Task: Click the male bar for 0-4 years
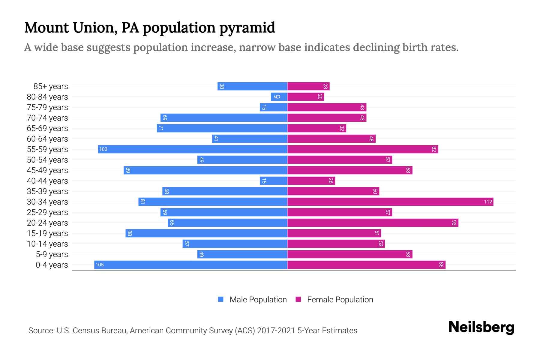[x=190, y=265]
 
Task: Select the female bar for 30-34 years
[x=390, y=202]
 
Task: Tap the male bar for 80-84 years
[x=279, y=97]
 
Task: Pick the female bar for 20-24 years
[x=373, y=223]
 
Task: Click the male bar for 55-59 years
[x=192, y=149]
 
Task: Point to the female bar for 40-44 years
[x=311, y=181]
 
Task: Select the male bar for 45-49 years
[x=205, y=170]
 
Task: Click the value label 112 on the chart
[x=488, y=202]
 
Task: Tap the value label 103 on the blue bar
[x=103, y=149]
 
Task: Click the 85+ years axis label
[x=51, y=86]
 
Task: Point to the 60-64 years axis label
[x=47, y=139]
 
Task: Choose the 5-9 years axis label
[x=52, y=254]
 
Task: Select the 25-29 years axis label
[x=47, y=212]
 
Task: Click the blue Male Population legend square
[x=221, y=299]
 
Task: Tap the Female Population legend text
[x=340, y=299]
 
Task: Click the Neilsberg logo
[x=481, y=327]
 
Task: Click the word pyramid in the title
[x=247, y=28]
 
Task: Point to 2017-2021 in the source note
[x=276, y=331]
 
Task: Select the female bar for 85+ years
[x=308, y=86]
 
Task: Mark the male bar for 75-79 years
[x=273, y=107]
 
